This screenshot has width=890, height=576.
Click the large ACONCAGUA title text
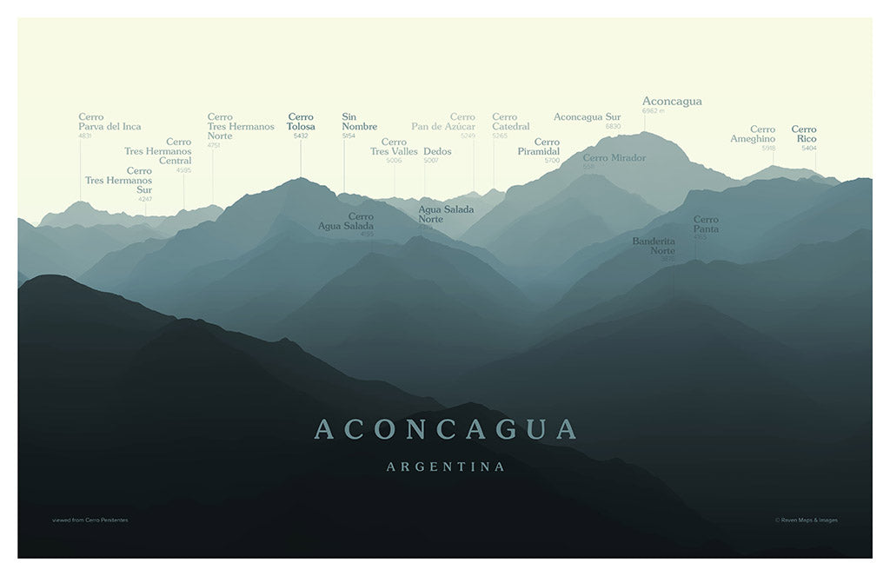445,429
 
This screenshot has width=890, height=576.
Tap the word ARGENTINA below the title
445,467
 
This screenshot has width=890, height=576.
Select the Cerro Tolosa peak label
301,122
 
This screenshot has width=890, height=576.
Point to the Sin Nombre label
359,122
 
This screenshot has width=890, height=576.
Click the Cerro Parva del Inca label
110,122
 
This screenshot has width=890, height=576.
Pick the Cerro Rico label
804,134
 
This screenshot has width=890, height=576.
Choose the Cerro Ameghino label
753,134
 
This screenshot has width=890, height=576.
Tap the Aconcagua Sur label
587,116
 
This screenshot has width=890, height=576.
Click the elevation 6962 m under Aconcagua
653,111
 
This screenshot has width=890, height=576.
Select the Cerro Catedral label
510,122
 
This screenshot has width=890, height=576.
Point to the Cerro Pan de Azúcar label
443,122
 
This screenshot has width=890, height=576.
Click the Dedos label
437,151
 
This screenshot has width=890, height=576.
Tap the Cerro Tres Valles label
394,147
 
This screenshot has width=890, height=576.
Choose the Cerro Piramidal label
539,147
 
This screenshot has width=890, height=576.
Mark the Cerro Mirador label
614,158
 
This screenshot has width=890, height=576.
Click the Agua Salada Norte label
446,214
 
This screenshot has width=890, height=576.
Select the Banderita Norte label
654,246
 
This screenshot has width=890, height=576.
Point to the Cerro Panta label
706,224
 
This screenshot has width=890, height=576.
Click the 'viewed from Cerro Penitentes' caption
90,520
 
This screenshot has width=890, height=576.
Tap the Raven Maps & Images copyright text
807,520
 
